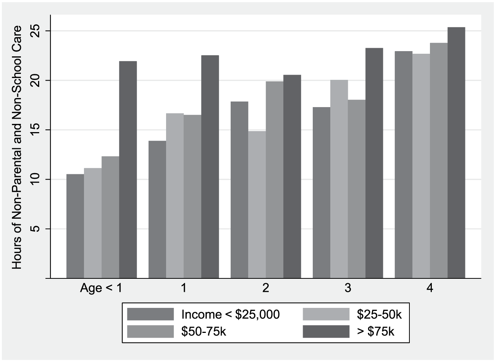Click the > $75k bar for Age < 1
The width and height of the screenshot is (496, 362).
[128, 169]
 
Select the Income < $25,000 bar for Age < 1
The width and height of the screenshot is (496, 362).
[75, 226]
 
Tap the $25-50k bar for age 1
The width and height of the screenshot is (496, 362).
[175, 196]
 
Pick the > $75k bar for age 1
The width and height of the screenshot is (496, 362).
[210, 167]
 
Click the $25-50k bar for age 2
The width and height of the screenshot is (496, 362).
[257, 205]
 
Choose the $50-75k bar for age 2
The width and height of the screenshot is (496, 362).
[275, 180]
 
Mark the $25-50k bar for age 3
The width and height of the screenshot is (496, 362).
[339, 179]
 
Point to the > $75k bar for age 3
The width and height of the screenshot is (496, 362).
[374, 163]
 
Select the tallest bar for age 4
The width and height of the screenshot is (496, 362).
[456, 153]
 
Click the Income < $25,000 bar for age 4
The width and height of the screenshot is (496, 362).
[403, 165]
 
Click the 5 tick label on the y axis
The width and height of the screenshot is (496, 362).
[35, 229]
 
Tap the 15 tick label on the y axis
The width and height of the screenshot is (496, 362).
[35, 130]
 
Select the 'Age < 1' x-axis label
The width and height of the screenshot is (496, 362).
[101, 288]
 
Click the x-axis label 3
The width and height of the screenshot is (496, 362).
[348, 288]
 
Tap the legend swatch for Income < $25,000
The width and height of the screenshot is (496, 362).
[150, 314]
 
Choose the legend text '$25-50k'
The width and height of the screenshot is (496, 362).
[379, 314]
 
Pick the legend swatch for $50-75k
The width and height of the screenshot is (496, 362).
[150, 331]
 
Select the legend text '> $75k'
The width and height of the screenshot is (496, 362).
[375, 332]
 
